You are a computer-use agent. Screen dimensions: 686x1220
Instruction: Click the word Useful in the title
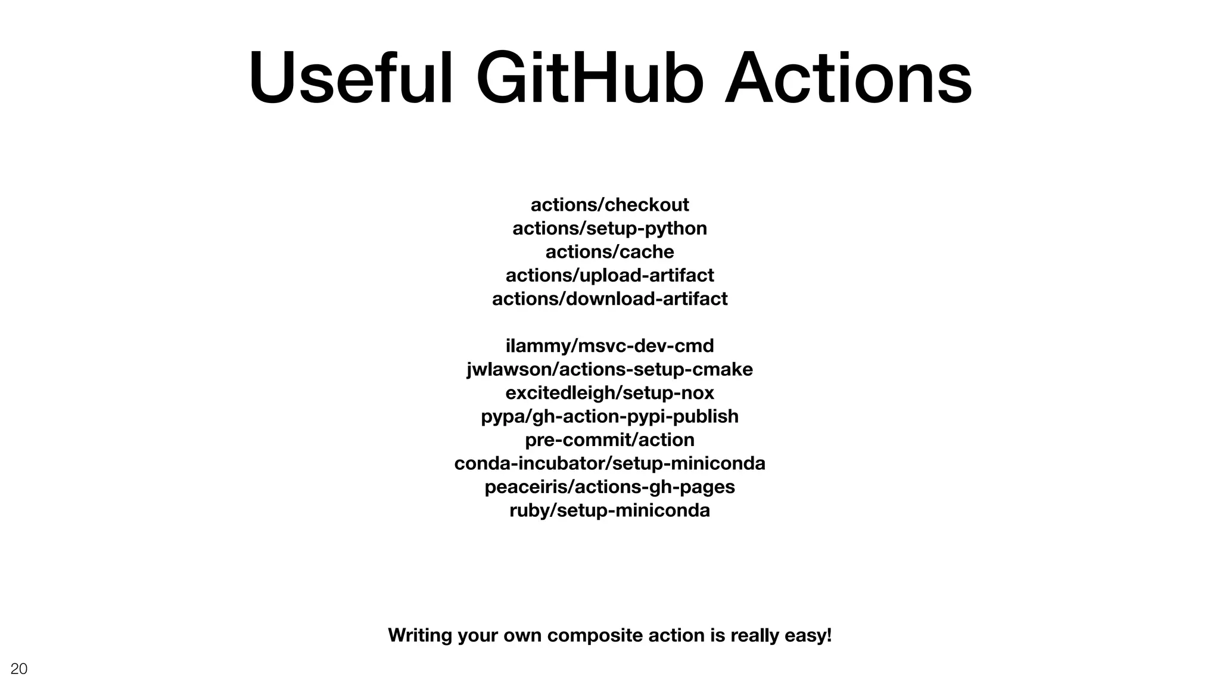click(350, 79)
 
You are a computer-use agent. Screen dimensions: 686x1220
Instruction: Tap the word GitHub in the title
click(590, 79)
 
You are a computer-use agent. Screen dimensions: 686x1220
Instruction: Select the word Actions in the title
click(848, 79)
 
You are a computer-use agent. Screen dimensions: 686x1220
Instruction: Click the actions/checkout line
click(609, 205)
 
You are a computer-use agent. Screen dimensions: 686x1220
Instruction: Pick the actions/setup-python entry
click(609, 228)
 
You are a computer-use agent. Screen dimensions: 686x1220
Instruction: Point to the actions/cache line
click(609, 252)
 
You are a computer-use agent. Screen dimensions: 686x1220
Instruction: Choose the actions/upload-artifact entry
click(609, 275)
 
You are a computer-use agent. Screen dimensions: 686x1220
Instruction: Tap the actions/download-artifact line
click(609, 298)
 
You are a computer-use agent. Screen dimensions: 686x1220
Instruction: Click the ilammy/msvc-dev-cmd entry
click(609, 345)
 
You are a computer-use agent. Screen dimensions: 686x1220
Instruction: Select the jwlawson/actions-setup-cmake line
click(609, 369)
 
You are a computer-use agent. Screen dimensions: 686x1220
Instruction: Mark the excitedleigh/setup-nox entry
click(609, 392)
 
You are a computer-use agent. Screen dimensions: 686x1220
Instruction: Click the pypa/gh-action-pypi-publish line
click(609, 416)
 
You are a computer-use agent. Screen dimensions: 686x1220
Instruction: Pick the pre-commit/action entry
click(609, 439)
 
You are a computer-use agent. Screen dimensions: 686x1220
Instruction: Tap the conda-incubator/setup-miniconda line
click(609, 463)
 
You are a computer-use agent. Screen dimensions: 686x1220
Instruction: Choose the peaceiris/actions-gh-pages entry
click(609, 487)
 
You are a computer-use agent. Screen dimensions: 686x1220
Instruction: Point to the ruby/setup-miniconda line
click(609, 510)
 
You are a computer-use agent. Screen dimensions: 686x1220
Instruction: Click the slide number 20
click(19, 669)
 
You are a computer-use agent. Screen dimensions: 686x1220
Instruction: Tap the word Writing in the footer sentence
click(420, 635)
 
